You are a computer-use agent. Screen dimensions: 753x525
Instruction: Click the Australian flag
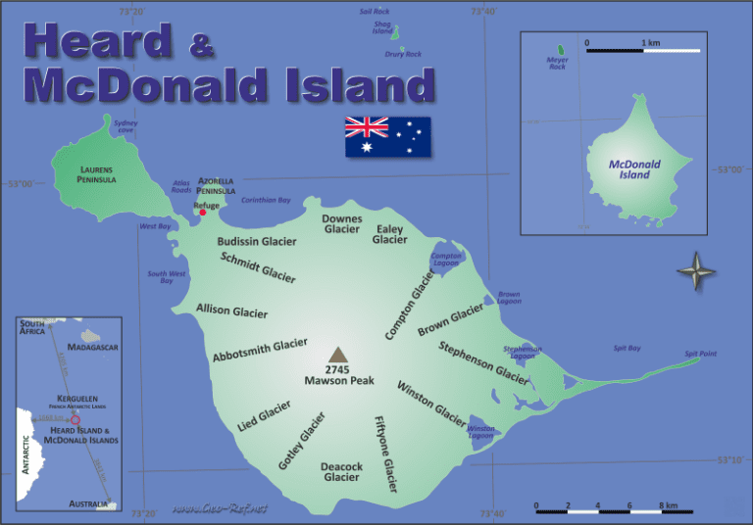(x=387, y=137)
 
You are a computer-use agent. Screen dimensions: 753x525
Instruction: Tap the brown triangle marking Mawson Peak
(x=337, y=355)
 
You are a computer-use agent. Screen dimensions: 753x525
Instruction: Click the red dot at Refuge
(x=203, y=212)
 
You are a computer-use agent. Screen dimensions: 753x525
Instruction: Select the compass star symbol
(x=696, y=270)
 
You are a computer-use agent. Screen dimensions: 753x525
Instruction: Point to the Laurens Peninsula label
(x=97, y=174)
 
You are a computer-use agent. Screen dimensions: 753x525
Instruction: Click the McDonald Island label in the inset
(x=634, y=169)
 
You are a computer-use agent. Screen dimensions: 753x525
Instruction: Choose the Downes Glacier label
(x=342, y=224)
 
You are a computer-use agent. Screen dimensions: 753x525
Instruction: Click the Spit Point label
(x=700, y=353)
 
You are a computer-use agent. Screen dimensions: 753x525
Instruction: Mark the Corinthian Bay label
(x=266, y=200)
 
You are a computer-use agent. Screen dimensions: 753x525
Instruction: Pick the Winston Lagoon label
(x=480, y=431)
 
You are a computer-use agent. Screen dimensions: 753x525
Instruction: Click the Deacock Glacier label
(x=342, y=472)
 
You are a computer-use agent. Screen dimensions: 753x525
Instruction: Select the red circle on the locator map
(x=75, y=418)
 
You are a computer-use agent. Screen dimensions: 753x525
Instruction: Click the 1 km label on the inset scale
(x=650, y=43)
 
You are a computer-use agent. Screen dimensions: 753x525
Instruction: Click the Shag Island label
(x=382, y=27)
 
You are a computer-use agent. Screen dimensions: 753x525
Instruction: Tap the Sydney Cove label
(x=125, y=126)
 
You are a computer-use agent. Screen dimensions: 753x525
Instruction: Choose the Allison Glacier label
(x=231, y=310)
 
